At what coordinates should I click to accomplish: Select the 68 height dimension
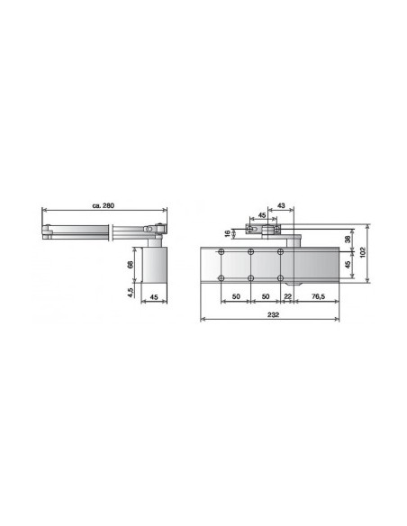tap(130, 266)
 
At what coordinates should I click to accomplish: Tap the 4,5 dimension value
tap(130, 294)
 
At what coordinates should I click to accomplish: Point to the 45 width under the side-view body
tap(154, 297)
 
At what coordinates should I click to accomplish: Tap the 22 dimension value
tap(288, 295)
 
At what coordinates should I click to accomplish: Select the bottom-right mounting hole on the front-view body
tap(281, 277)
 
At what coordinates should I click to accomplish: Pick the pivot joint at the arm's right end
tap(159, 229)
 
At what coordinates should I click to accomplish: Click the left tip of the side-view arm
tap(45, 232)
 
